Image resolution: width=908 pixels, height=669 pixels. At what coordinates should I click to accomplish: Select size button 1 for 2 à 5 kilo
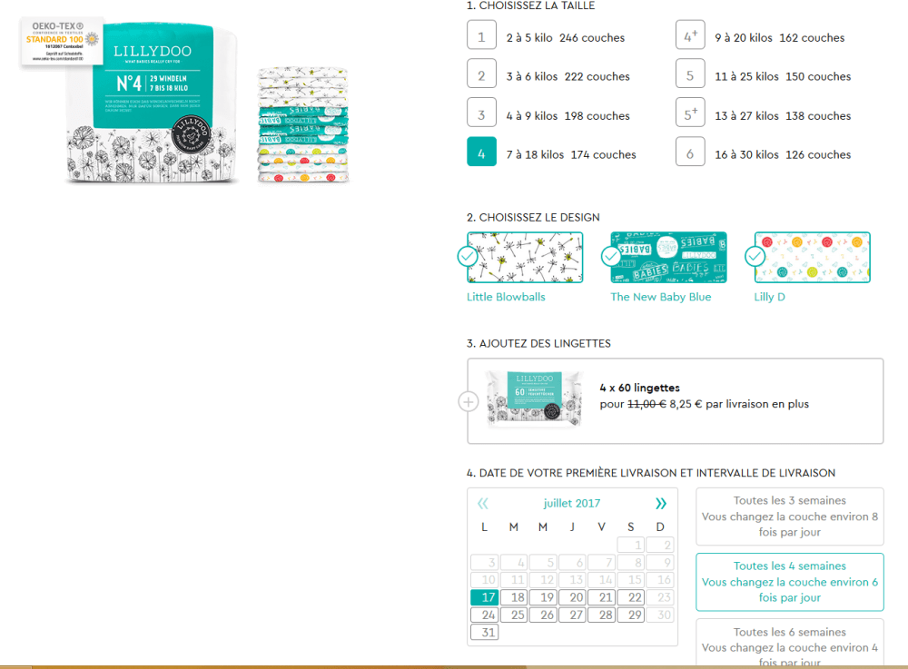481,37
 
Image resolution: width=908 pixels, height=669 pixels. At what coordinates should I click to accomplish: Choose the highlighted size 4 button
481,153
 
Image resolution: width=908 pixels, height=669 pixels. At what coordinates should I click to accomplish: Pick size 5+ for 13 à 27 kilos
690,115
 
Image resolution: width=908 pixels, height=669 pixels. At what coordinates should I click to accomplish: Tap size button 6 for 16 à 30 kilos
690,153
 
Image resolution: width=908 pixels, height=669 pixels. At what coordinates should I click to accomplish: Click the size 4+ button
690,37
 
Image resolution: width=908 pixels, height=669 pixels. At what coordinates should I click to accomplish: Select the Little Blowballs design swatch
525,257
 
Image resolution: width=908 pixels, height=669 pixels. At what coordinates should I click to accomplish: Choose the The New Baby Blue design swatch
668,257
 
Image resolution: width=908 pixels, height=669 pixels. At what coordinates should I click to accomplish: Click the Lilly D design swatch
812,257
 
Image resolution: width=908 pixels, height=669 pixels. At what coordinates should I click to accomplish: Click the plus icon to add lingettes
468,401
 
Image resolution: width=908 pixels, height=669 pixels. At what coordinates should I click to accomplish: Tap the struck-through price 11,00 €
646,404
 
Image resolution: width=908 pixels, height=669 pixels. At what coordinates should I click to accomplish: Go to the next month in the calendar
660,503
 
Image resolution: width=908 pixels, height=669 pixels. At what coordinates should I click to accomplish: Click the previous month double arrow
483,503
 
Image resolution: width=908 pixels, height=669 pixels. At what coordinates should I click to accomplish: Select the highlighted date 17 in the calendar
485,597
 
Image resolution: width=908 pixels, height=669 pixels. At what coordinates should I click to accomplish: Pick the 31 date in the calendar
485,632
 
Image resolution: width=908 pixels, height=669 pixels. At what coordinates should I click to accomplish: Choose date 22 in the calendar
631,597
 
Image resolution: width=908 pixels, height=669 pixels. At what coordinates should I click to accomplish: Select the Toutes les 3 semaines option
789,517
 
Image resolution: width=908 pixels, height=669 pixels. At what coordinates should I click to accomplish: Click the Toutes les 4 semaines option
789,582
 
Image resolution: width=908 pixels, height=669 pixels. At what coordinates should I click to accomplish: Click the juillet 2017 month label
572,503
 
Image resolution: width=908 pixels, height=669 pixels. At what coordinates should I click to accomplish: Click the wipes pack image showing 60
534,398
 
